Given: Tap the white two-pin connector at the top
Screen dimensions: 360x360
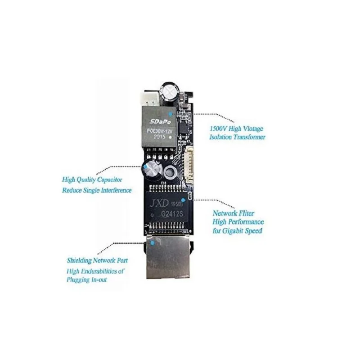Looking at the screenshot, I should point(148,97).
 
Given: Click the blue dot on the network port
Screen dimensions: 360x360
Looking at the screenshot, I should point(153,243).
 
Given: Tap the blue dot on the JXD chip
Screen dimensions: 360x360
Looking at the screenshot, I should point(183,199).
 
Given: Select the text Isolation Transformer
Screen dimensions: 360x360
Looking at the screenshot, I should point(237,137).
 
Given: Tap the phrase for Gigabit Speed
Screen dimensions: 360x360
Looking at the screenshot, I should point(238,231).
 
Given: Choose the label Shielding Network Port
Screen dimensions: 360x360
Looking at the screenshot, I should point(97,260).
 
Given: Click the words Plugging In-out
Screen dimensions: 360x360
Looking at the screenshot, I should point(86,279).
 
